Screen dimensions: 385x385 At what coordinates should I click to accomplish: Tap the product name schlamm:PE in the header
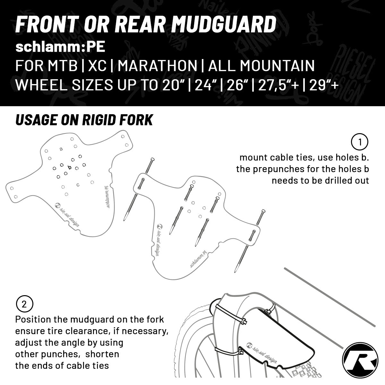[60, 47]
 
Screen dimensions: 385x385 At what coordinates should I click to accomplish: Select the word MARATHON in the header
[157, 66]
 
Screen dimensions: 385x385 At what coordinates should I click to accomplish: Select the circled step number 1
[360, 142]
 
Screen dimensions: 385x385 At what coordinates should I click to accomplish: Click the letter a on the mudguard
[61, 149]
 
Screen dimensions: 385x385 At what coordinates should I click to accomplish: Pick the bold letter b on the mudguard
[69, 167]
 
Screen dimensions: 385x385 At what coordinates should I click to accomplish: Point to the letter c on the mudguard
[78, 184]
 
